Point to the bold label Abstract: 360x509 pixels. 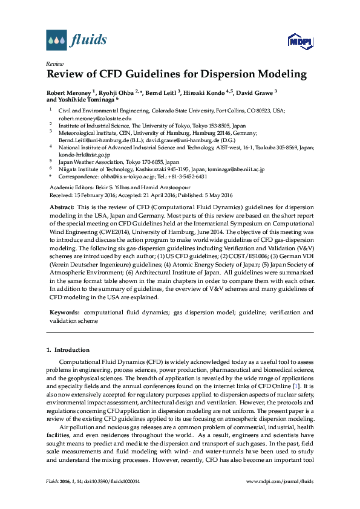62,207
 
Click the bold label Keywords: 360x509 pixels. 65,313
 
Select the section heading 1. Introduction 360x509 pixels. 68,350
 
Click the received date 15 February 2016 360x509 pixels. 93,195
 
